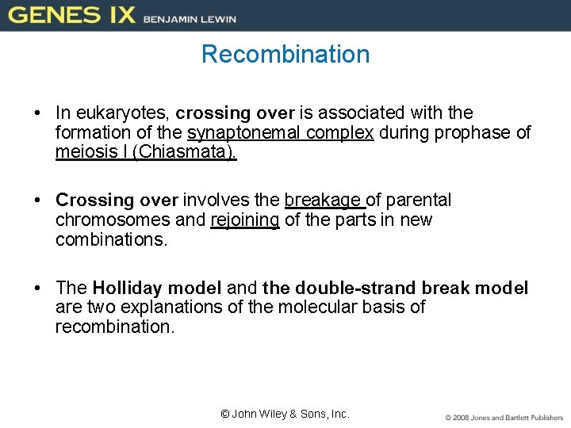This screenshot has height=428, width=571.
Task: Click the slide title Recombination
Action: [x=285, y=54]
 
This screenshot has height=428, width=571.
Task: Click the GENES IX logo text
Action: [x=72, y=15]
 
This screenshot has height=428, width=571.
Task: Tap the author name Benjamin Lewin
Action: [x=190, y=17]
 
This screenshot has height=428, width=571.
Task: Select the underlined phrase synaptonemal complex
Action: [x=280, y=133]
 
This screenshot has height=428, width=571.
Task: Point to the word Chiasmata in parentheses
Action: [x=184, y=152]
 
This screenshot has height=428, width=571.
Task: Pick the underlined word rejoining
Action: [x=245, y=220]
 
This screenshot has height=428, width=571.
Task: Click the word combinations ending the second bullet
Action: [x=110, y=239]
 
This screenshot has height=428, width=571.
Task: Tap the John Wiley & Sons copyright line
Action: [x=285, y=414]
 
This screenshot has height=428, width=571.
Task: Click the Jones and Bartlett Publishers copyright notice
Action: [x=504, y=417]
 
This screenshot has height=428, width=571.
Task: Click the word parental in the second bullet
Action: [x=420, y=200]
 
